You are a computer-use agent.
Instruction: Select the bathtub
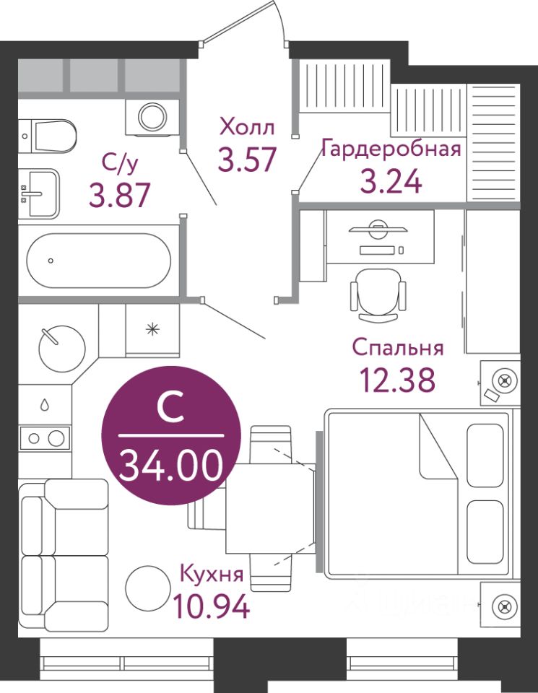(99, 261)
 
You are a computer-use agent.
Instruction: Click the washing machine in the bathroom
(152, 117)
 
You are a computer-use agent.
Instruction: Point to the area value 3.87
(120, 195)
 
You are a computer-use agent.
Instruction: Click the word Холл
(247, 127)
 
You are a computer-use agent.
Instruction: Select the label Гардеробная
(391, 148)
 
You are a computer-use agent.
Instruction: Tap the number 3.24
(391, 181)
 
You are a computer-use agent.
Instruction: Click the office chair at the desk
(378, 295)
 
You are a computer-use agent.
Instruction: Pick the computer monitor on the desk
(378, 229)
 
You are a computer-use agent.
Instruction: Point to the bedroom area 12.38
(397, 380)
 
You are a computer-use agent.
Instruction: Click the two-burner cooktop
(45, 438)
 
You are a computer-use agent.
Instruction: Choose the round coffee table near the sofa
(148, 588)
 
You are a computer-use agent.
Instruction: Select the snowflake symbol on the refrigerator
(152, 329)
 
